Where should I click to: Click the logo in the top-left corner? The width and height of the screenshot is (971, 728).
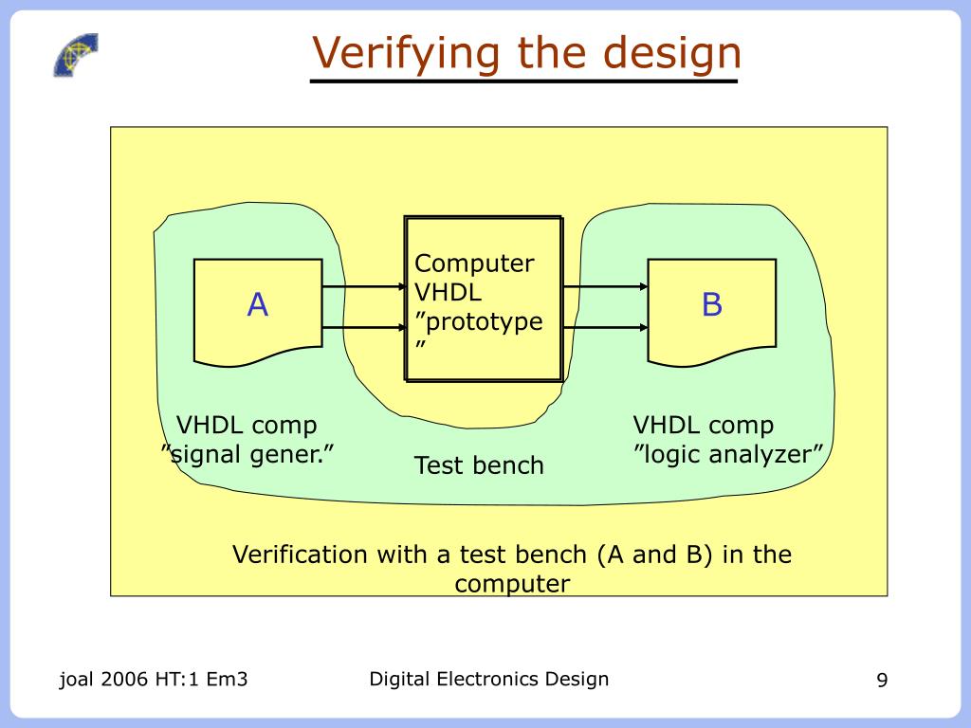75,54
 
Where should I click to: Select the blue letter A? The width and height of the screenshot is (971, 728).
258,305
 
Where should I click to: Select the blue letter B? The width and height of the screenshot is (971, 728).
712,305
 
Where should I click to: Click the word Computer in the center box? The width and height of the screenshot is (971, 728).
474,264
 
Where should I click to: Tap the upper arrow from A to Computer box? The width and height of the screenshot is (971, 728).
362,286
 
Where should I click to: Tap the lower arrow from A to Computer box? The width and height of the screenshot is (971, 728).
362,327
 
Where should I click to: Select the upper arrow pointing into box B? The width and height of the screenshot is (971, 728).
605,286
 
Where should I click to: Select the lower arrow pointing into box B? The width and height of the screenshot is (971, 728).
605,327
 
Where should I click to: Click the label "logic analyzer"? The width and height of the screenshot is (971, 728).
727,454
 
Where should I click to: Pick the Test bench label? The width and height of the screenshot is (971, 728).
479,465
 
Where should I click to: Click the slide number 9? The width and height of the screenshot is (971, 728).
882,681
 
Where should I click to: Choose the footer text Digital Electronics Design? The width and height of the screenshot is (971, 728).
488,679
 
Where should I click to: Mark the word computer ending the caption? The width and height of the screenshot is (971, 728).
512,583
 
